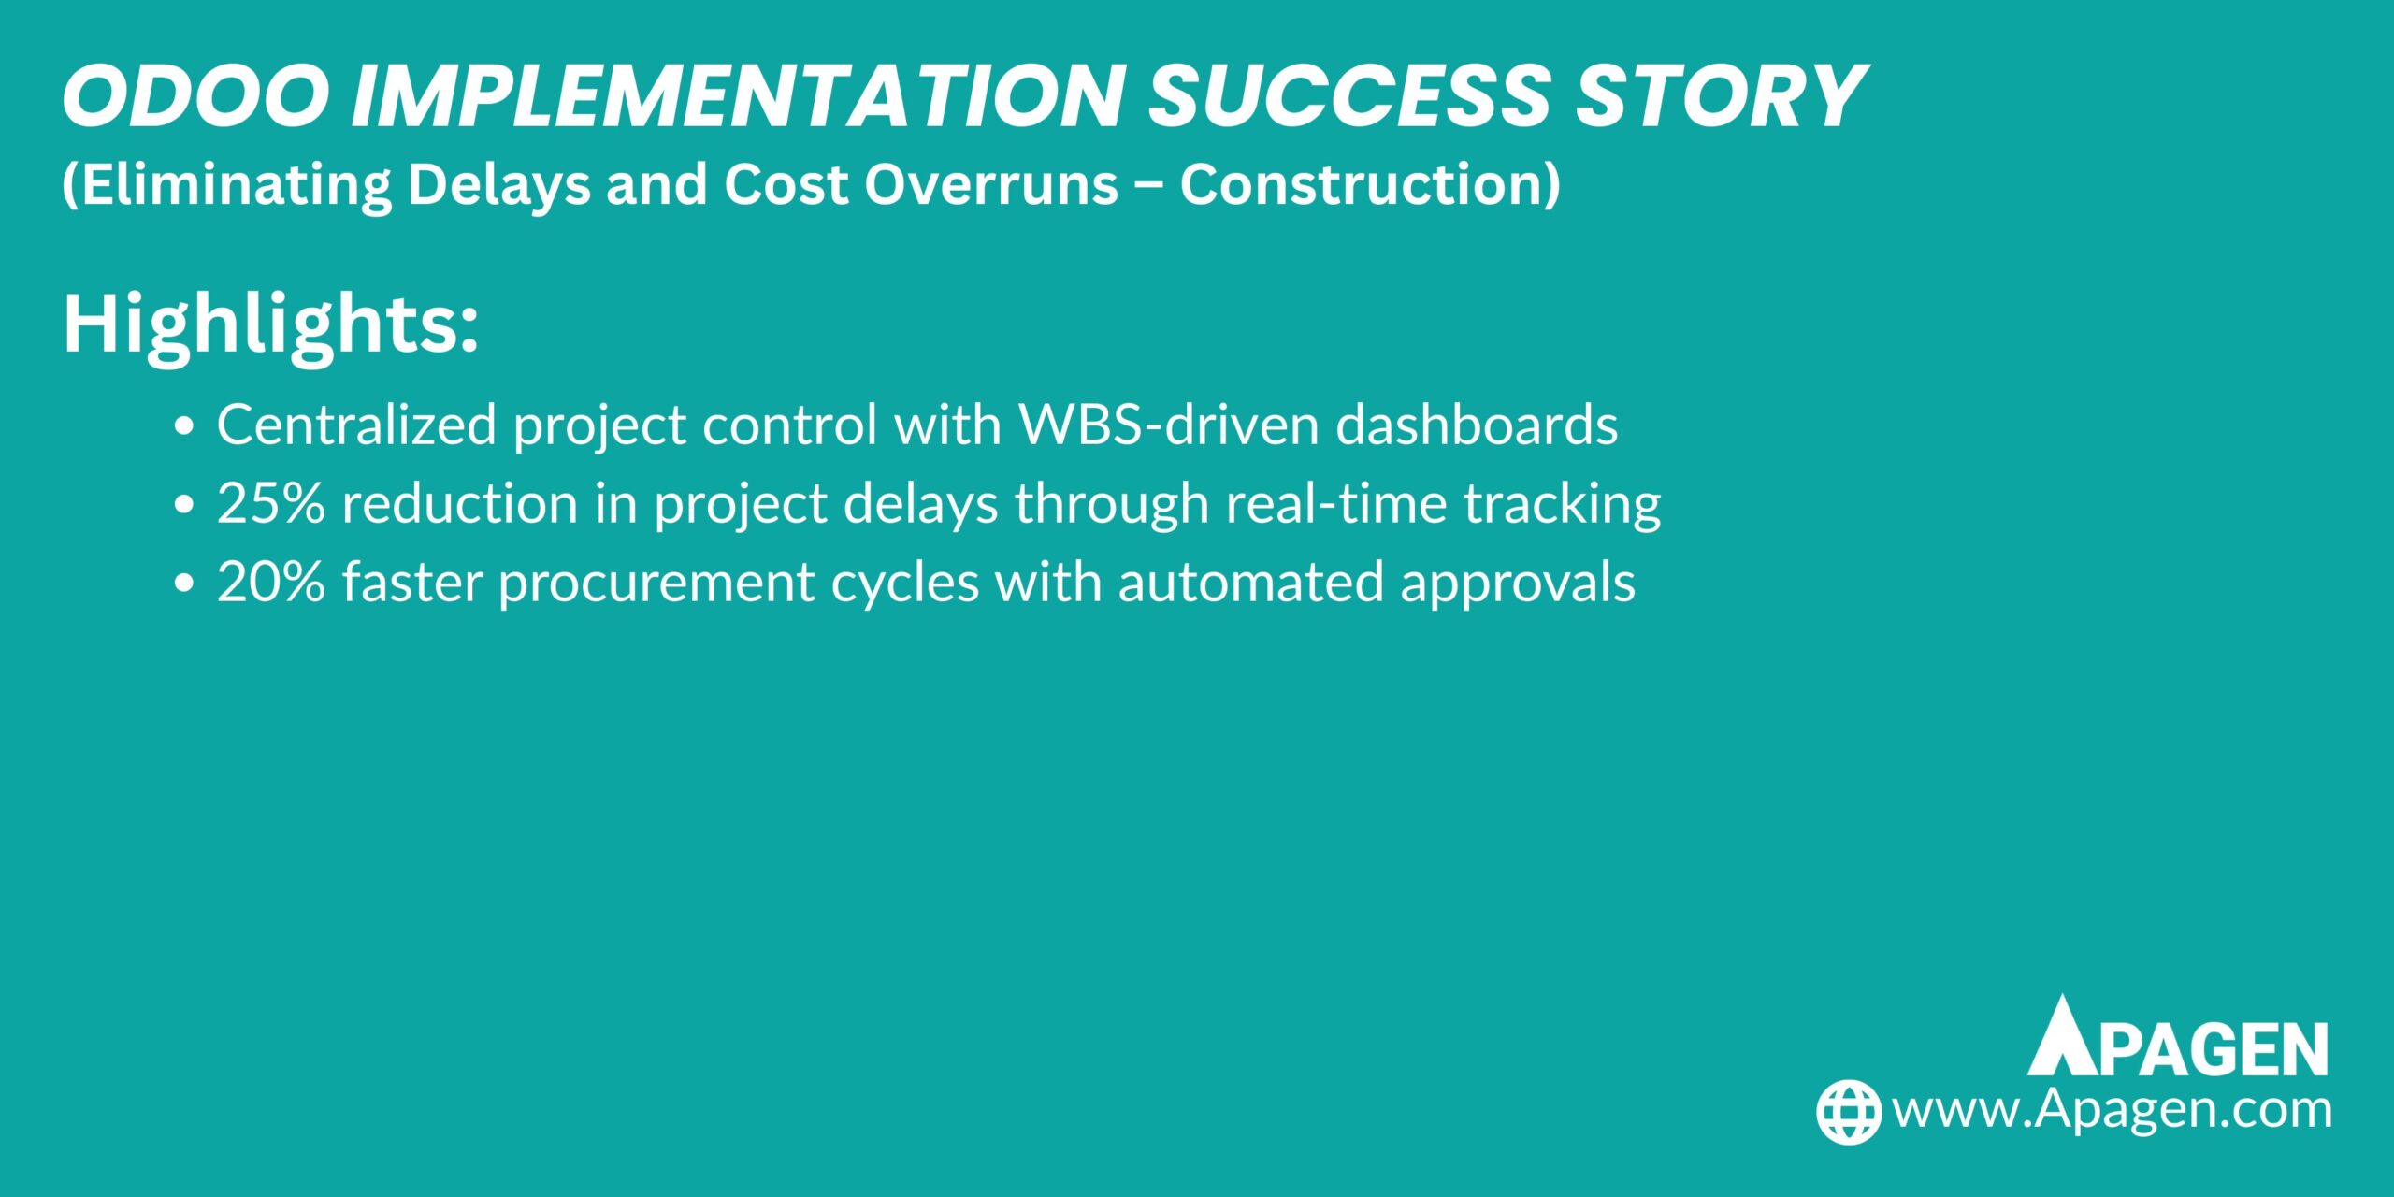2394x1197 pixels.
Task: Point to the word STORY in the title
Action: [x=1721, y=96]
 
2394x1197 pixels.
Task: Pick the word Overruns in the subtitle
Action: [x=991, y=184]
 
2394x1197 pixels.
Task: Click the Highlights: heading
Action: [x=270, y=324]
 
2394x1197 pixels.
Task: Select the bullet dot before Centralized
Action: [x=184, y=426]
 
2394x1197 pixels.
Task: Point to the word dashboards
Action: [x=1477, y=425]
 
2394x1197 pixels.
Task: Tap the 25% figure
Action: [x=271, y=503]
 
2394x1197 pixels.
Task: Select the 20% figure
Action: [x=271, y=582]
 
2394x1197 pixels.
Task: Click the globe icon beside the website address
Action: [x=1849, y=1112]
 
